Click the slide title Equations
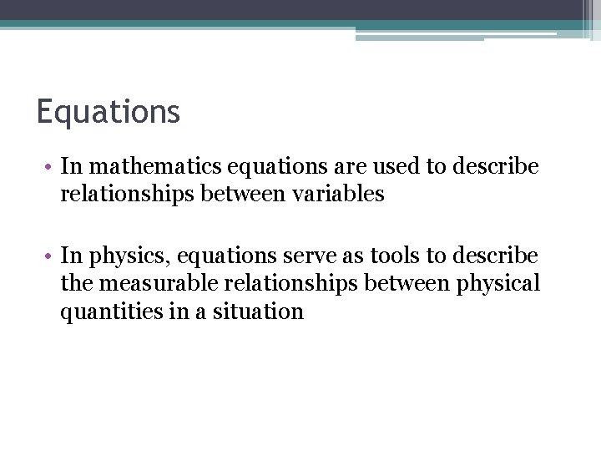(108, 112)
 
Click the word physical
(499, 283)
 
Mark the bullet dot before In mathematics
(51, 167)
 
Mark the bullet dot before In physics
(51, 255)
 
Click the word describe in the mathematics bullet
(496, 166)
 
